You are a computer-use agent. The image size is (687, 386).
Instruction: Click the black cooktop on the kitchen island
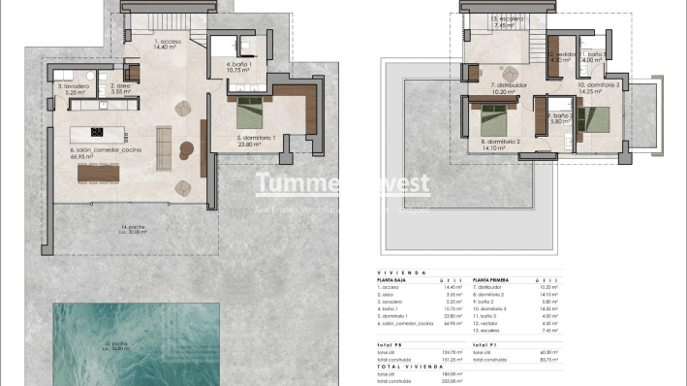click(x=97, y=132)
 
